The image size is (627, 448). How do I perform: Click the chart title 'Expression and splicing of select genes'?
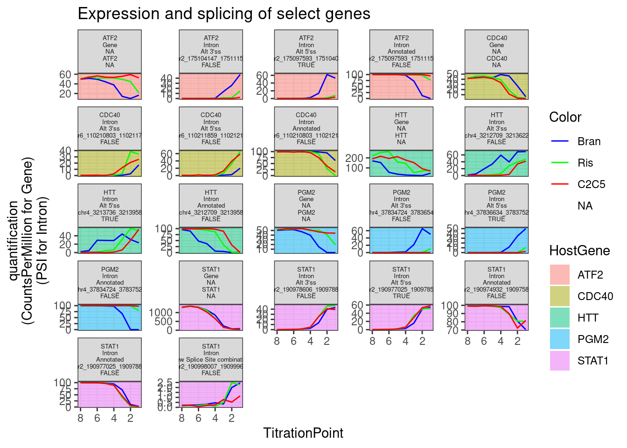[x=224, y=14]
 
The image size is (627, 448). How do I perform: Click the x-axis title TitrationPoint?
[x=303, y=433]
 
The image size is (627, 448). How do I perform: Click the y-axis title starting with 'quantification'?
[x=28, y=240]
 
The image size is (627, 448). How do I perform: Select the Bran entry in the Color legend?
[x=589, y=141]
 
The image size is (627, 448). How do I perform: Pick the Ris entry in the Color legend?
[x=585, y=163]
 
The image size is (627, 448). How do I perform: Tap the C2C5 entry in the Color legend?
[x=591, y=184]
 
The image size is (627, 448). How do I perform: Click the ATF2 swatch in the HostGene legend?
[x=560, y=275]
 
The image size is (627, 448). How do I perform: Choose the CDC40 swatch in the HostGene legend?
[x=560, y=296]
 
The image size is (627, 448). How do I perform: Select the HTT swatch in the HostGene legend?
[x=560, y=318]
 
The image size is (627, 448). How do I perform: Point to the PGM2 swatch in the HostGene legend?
[x=560, y=339]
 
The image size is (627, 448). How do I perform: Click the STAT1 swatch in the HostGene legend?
[x=560, y=361]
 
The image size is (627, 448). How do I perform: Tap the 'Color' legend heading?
[x=565, y=117]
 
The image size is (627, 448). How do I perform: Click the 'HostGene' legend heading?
[x=579, y=251]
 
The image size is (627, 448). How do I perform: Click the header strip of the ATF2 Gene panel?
[x=110, y=51]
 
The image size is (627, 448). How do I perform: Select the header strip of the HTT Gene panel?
[x=401, y=128]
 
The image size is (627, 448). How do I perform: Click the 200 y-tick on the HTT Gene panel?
[x=354, y=158]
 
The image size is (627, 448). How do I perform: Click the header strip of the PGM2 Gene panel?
[x=306, y=205]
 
